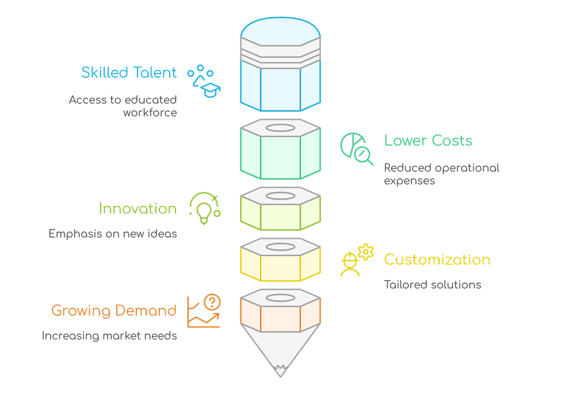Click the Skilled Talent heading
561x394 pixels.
[129, 73]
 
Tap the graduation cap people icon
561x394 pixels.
[204, 81]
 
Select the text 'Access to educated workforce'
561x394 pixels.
[123, 106]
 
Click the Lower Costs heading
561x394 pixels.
[428, 141]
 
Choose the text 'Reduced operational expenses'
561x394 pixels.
[441, 174]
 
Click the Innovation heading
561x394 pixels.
[138, 208]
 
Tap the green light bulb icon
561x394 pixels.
[205, 208]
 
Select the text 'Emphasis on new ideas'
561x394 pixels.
[113, 234]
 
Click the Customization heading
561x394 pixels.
[437, 259]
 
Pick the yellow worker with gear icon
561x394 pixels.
[356, 261]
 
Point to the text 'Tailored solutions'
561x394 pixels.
[432, 285]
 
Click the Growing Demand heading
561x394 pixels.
[114, 311]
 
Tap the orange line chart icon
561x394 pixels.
[204, 311]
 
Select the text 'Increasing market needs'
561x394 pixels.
[109, 336]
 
